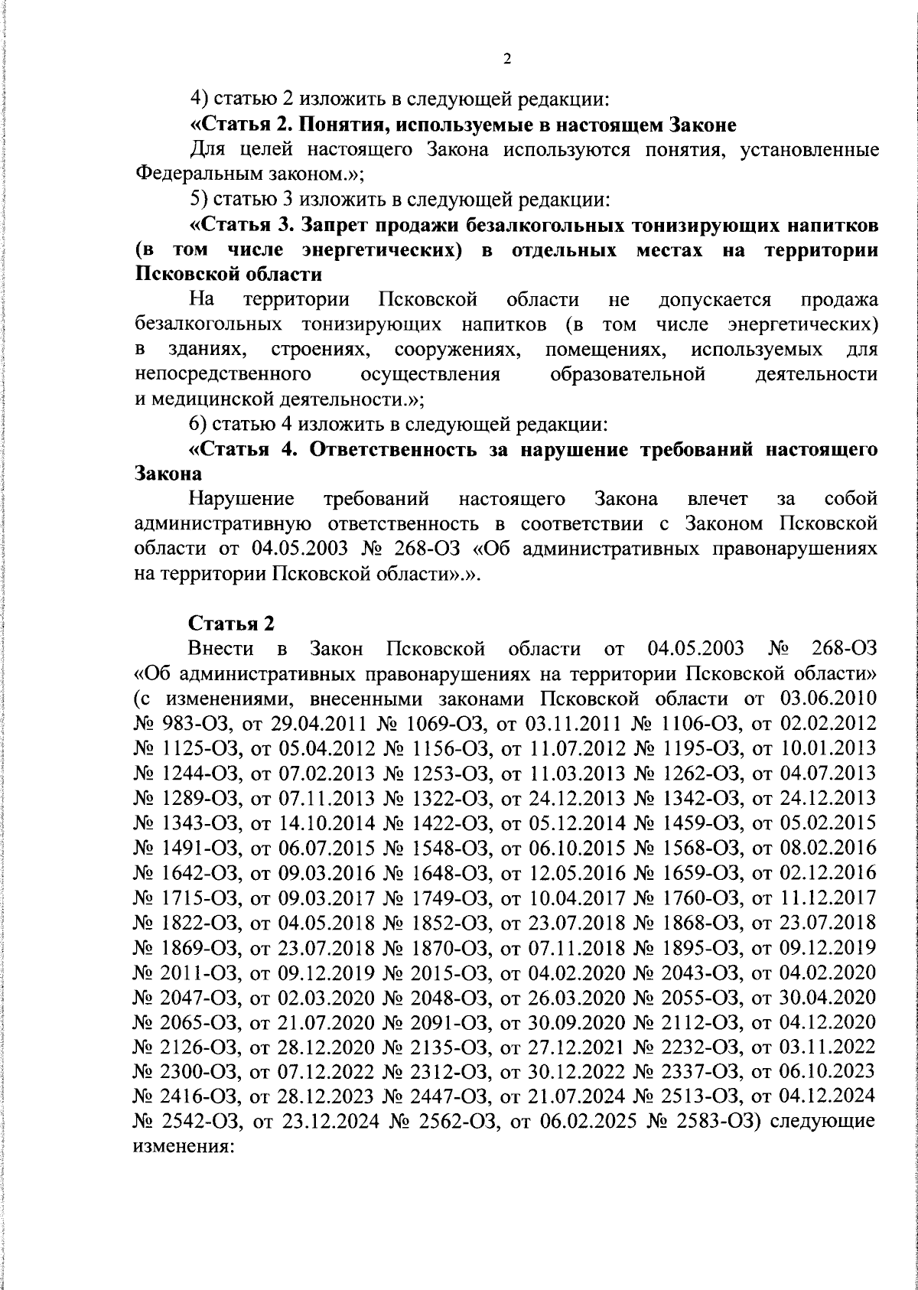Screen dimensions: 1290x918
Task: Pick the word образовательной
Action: pos(627,374)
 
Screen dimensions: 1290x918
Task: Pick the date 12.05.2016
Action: pos(577,873)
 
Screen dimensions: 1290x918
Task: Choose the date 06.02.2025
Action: pos(577,1123)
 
